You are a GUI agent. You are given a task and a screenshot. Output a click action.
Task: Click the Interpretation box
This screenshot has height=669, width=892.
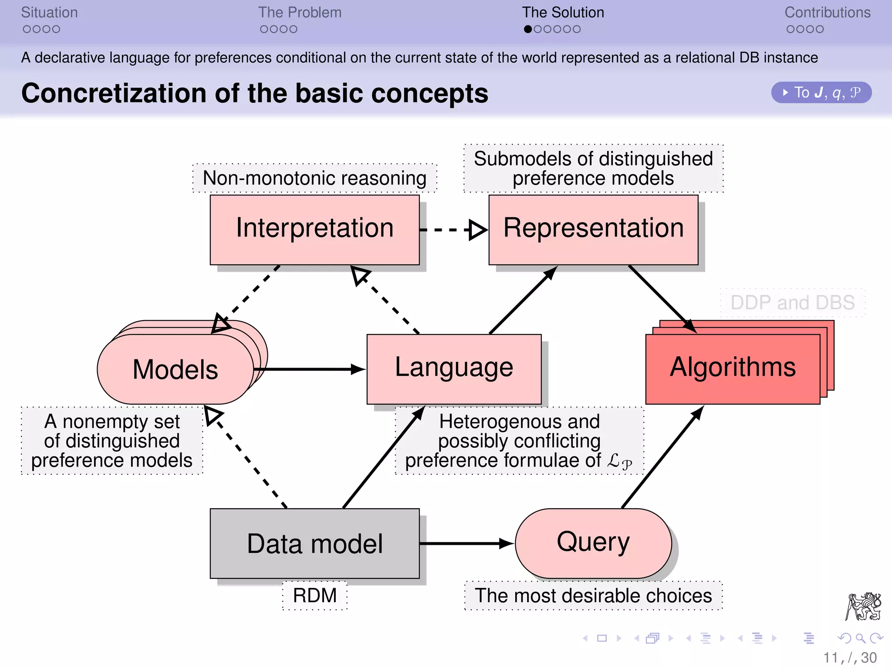[x=314, y=230]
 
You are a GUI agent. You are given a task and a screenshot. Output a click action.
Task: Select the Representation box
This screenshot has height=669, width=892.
[x=593, y=230]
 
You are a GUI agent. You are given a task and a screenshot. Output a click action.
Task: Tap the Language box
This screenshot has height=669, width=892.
[x=454, y=369]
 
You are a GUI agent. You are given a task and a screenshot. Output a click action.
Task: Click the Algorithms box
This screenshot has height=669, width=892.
[x=733, y=369]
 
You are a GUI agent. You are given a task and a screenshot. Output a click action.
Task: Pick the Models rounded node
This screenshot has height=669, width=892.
[x=175, y=369]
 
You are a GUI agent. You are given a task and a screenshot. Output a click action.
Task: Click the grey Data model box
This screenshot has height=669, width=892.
[x=314, y=543]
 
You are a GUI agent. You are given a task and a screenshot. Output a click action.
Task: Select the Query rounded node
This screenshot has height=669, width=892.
[x=593, y=543]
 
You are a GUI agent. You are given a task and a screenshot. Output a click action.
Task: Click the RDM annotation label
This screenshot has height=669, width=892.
[x=314, y=595]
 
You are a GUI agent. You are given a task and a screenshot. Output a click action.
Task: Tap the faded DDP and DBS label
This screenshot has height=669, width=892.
[x=792, y=303]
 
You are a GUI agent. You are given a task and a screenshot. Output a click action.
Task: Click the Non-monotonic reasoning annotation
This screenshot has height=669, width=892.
[x=314, y=178]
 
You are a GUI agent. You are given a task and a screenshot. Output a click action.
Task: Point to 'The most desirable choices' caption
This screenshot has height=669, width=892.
[x=593, y=595]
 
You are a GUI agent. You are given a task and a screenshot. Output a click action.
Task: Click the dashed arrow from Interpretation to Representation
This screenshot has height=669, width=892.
[x=453, y=230]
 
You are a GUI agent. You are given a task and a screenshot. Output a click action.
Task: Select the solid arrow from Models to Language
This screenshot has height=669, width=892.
[x=309, y=369]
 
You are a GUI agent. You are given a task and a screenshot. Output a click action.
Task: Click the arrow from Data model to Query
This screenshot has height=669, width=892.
[x=466, y=543]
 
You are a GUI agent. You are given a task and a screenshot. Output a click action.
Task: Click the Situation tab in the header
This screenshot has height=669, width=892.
[x=49, y=13]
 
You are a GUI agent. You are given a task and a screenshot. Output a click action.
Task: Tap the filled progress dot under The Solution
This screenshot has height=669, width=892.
[x=528, y=29]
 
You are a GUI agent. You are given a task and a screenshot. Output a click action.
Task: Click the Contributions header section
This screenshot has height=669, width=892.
[x=827, y=13]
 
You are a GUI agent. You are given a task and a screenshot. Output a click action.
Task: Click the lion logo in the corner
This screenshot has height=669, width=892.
[x=863, y=606]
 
